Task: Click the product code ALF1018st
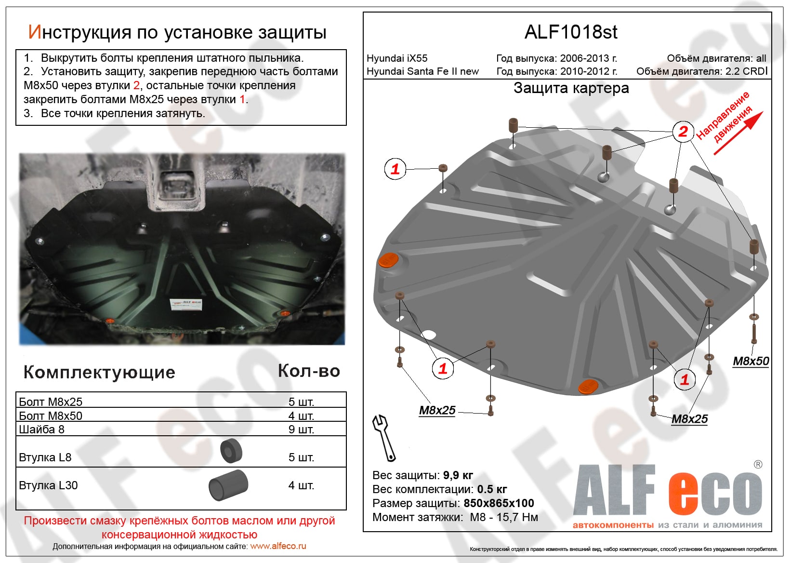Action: click(570, 32)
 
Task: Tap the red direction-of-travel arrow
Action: click(739, 133)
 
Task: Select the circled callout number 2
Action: click(683, 131)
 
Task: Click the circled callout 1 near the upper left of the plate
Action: click(395, 169)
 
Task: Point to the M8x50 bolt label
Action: click(751, 361)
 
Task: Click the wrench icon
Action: click(384, 438)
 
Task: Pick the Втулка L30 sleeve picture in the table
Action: click(228, 485)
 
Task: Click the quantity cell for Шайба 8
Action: click(301, 429)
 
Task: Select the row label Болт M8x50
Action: click(51, 416)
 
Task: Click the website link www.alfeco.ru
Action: click(278, 546)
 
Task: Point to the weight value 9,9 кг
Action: click(458, 475)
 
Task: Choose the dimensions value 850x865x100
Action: click(499, 503)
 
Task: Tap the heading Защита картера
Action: click(571, 88)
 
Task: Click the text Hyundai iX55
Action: click(397, 58)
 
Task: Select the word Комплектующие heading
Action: click(99, 372)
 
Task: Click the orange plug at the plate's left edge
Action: click(388, 260)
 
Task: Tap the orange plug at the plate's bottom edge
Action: click(588, 386)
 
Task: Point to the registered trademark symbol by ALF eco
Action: click(758, 465)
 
